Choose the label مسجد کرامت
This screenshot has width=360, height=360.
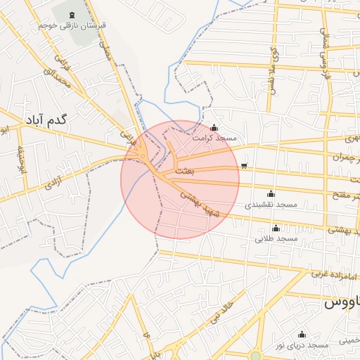pyautogui.click(x=215, y=138)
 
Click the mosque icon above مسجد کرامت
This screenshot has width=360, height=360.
pyautogui.click(x=214, y=127)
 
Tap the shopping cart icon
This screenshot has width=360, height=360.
pyautogui.click(x=243, y=167)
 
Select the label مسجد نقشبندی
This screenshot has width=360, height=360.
pyautogui.click(x=271, y=205)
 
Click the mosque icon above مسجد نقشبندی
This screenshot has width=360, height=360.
pyautogui.click(x=271, y=194)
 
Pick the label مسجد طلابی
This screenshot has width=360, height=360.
pyautogui.click(x=276, y=238)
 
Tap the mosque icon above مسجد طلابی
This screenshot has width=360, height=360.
pyautogui.click(x=276, y=228)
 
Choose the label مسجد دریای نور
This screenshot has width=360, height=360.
pyautogui.click(x=302, y=345)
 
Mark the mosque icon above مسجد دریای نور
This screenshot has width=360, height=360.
pyautogui.click(x=302, y=335)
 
